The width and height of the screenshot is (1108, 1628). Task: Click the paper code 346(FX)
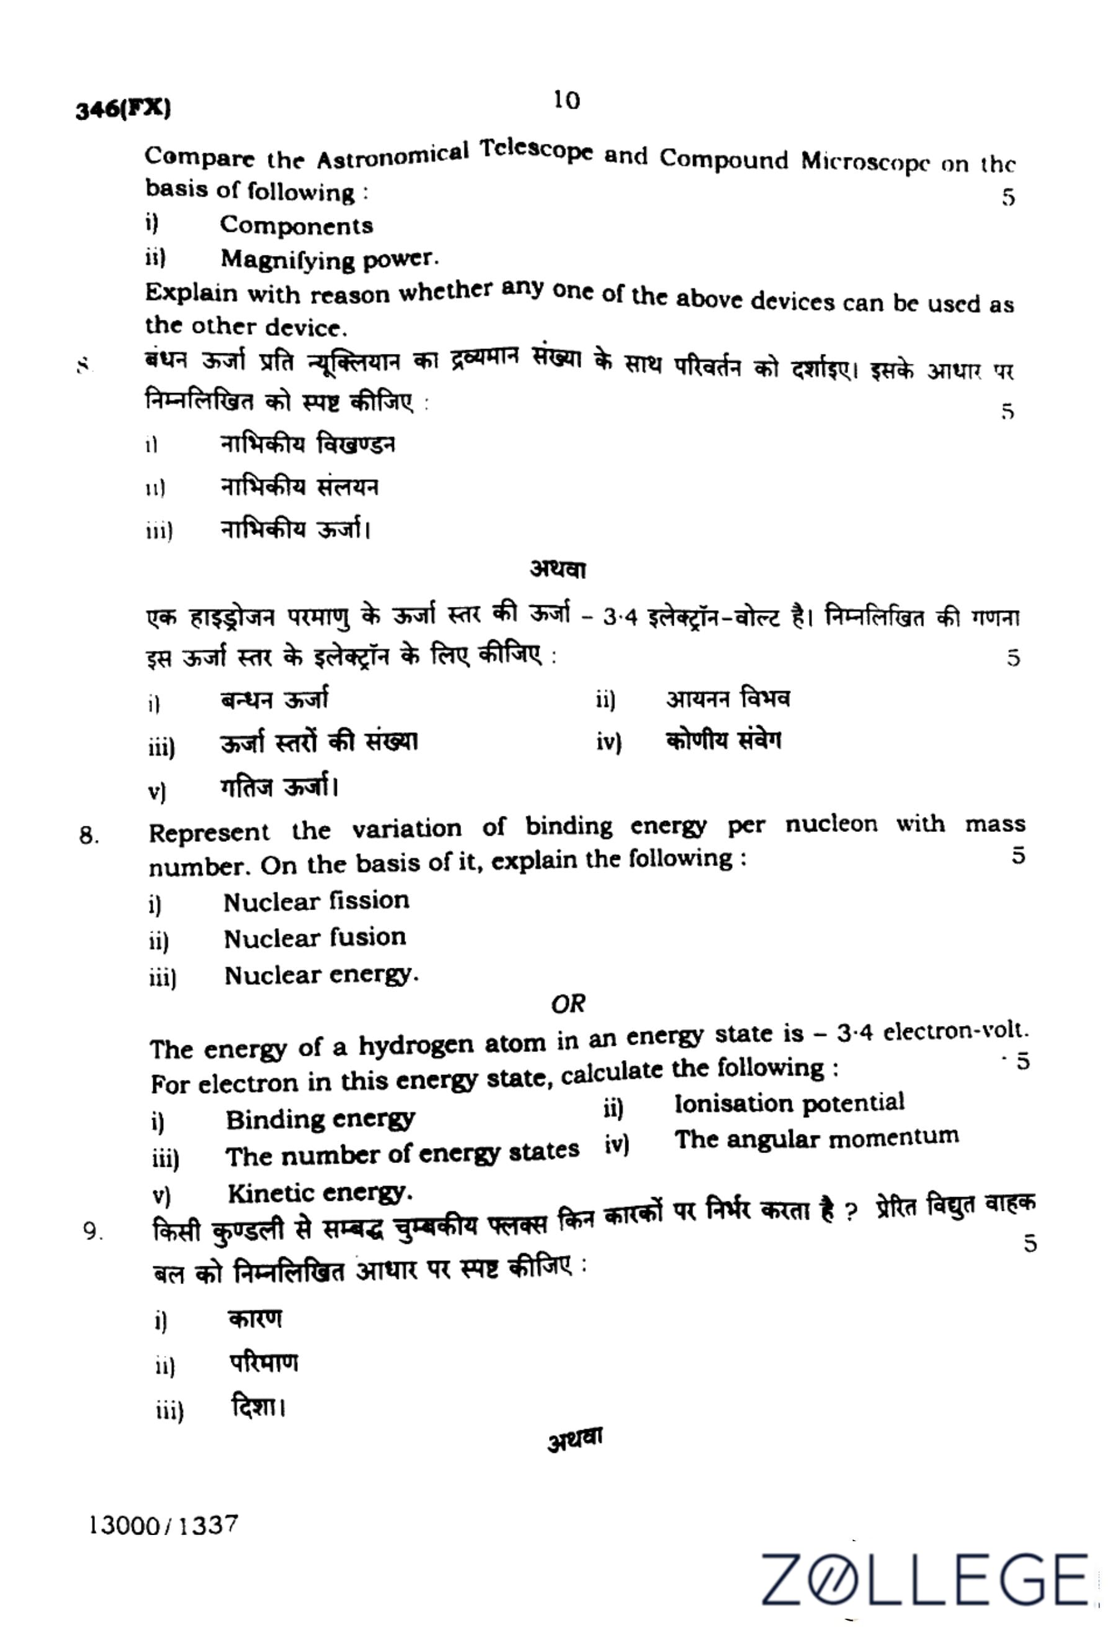pos(123,109)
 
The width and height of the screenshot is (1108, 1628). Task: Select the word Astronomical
pos(393,156)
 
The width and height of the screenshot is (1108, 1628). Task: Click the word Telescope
pos(537,150)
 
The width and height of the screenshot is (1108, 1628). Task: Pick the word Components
pos(297,226)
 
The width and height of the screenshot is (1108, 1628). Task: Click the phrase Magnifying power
pos(329,259)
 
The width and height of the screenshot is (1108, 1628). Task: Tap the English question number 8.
pos(88,836)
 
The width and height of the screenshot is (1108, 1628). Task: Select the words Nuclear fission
pos(316,901)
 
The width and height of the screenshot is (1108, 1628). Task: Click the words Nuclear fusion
pos(315,938)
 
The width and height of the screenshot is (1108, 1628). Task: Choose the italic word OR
pos(568,1004)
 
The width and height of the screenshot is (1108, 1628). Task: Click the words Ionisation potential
pos(789,1104)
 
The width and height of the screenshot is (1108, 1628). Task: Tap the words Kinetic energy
pos(320,1192)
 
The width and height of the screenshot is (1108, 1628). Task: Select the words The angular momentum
pos(816,1138)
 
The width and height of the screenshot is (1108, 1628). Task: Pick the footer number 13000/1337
pos(163,1524)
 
